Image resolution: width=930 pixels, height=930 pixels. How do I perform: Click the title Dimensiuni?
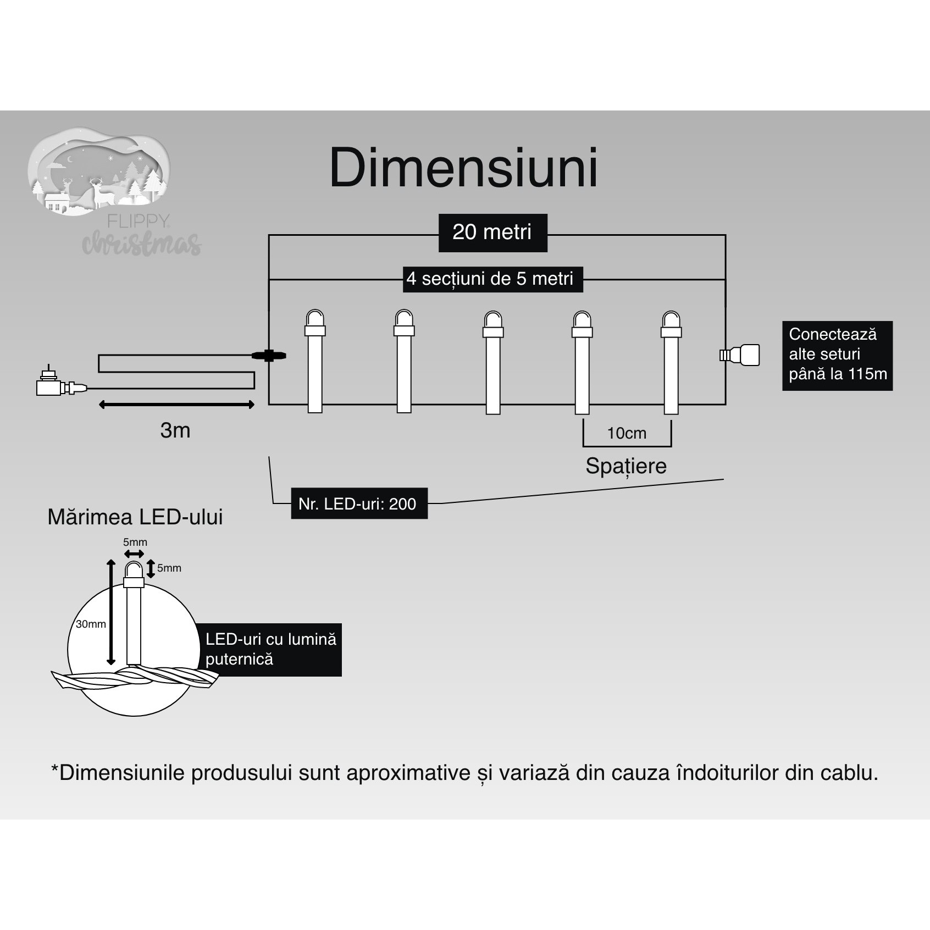[x=463, y=168]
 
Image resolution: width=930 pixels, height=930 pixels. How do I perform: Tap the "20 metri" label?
[x=492, y=232]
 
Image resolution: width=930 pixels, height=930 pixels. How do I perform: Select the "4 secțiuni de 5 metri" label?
[x=490, y=279]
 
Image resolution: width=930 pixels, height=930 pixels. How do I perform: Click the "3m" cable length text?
[x=175, y=430]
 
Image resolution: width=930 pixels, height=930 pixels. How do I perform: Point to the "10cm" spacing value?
[x=627, y=433]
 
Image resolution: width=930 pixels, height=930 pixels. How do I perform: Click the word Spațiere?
[x=626, y=466]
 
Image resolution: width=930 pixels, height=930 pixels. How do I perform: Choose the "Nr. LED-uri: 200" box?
[x=358, y=503]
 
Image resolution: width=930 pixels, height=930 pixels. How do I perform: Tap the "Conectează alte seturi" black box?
[x=837, y=355]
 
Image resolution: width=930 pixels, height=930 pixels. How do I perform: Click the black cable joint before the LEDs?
[x=269, y=356]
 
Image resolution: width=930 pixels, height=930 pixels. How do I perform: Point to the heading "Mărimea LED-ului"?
[x=135, y=517]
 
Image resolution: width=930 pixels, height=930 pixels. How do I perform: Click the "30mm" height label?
[x=91, y=624]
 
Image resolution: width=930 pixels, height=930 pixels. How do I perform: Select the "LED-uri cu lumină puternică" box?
[x=270, y=649]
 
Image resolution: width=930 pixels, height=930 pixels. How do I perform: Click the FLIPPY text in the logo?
[x=138, y=221]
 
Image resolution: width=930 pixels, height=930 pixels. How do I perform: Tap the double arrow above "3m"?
[x=176, y=405]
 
